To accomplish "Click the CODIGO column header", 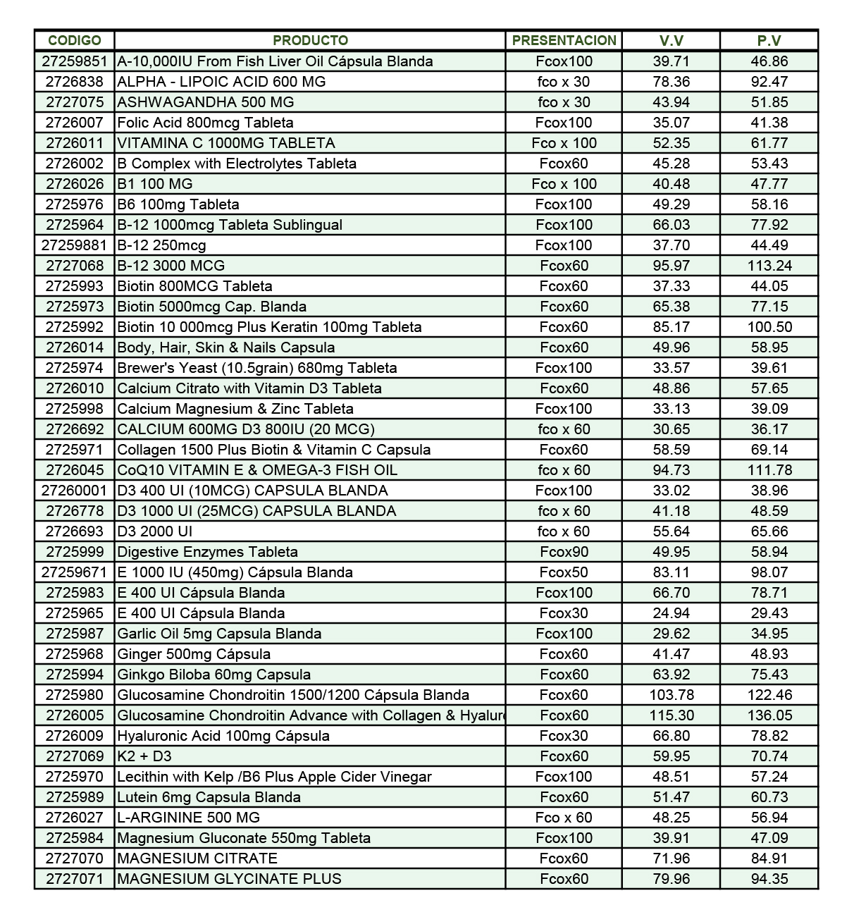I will click(x=75, y=40).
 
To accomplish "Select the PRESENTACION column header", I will click(x=564, y=40).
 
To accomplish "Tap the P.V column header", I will click(x=769, y=40).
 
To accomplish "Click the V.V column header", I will click(x=671, y=40).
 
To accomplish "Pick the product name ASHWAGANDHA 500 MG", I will click(x=206, y=102).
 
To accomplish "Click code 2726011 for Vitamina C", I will click(x=75, y=143).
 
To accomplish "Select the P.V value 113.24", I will click(x=769, y=266).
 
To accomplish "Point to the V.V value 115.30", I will click(x=671, y=715).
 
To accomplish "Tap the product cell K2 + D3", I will click(x=144, y=756).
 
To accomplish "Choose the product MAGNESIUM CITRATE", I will click(x=197, y=858).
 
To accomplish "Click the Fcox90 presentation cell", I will click(x=564, y=552).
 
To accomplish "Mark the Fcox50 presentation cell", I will click(x=564, y=572).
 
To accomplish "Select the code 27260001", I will click(x=75, y=491).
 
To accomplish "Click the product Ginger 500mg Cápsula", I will click(x=194, y=654).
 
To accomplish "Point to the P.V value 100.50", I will click(x=769, y=327).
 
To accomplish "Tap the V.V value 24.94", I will click(x=671, y=613).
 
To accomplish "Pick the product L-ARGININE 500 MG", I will click(x=189, y=818).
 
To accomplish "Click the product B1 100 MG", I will click(x=155, y=184).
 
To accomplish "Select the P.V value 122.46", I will click(x=769, y=695).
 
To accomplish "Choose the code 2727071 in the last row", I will click(x=75, y=879).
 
